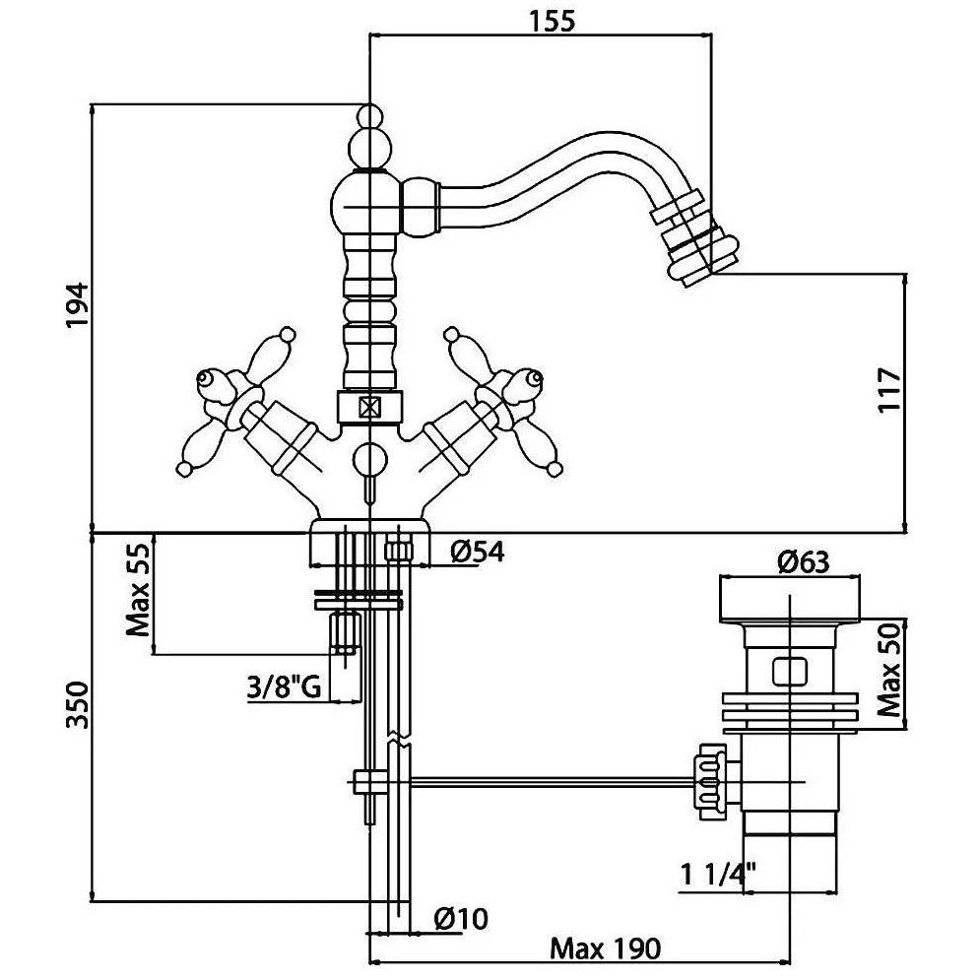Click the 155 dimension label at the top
tap(553, 22)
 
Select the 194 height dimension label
tap(79, 305)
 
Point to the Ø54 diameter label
tap(478, 552)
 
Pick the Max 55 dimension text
tap(138, 589)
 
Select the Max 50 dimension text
tap(888, 670)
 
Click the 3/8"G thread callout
tap(285, 688)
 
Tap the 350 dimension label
tap(79, 705)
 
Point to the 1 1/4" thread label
tap(718, 874)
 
